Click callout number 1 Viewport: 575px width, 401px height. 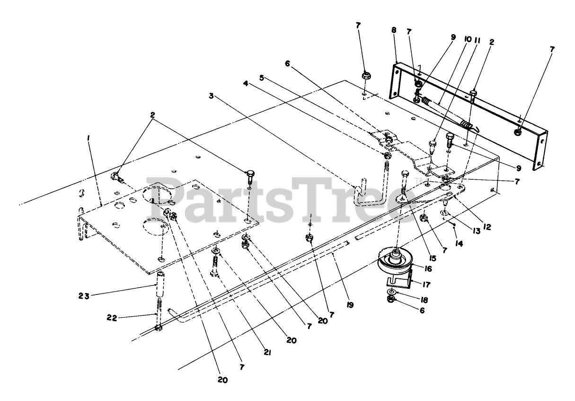coord(88,139)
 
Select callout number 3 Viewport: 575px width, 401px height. coord(211,96)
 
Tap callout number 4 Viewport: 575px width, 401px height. coord(246,83)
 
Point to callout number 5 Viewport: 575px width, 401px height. coord(261,78)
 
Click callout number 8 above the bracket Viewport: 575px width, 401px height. coord(394,30)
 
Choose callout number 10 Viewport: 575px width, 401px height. coord(468,39)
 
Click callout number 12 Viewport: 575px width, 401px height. coord(487,227)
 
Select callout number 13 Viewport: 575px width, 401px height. coord(476,231)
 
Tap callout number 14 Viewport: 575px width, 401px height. coord(459,243)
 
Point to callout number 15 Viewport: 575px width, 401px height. coord(433,258)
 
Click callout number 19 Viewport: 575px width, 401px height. coord(350,305)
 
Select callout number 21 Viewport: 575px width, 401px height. coord(267,353)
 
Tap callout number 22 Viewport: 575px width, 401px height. coord(112,318)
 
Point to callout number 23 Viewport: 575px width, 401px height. coord(84,296)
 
